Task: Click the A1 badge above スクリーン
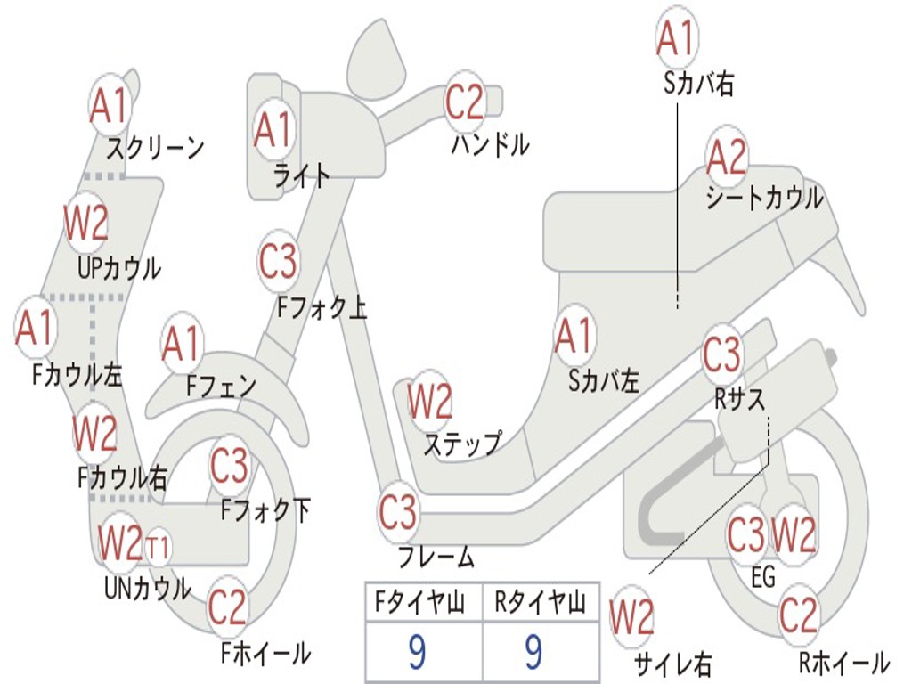click(110, 106)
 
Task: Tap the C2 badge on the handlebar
click(464, 102)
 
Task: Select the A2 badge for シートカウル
click(727, 158)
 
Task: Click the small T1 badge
click(158, 547)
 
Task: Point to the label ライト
click(301, 175)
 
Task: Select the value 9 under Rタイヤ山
click(533, 653)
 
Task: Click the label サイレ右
click(672, 664)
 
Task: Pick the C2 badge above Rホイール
click(798, 615)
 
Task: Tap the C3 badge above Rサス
click(721, 354)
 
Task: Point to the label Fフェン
click(221, 386)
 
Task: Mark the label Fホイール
click(265, 653)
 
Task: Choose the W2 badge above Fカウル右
click(94, 434)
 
